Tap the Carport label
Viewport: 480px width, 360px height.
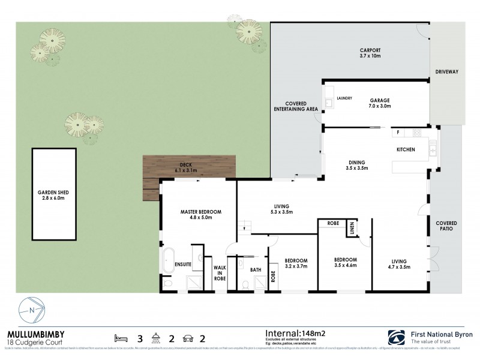click(x=371, y=52)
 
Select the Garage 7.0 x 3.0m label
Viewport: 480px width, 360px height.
click(x=380, y=103)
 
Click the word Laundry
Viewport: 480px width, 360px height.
click(x=344, y=98)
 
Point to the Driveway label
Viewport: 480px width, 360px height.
click(x=446, y=72)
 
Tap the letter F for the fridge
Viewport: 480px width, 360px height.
click(x=397, y=131)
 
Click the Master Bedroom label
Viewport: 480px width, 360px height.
click(x=201, y=215)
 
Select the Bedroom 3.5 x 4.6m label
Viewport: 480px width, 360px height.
click(x=346, y=262)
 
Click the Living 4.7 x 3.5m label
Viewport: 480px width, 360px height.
click(x=399, y=264)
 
